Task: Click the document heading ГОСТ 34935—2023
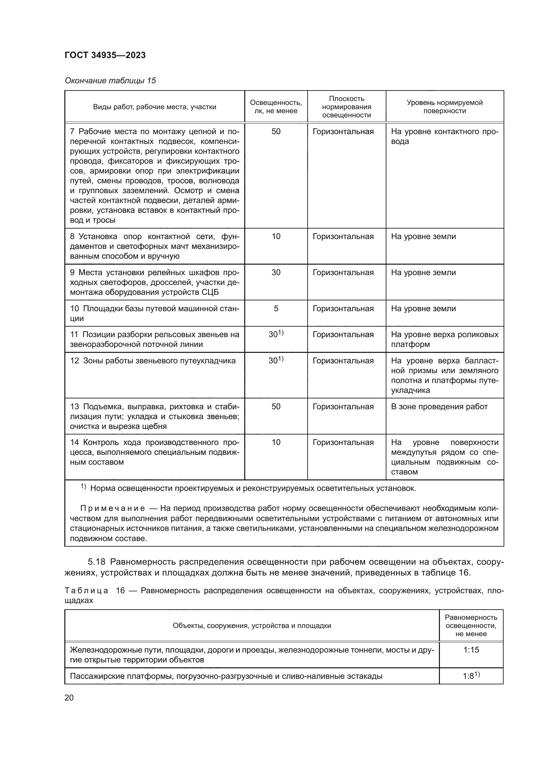105,55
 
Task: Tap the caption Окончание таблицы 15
110,81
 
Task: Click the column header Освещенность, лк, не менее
275,107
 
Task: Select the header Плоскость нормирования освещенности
346,107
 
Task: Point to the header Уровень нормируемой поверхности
445,107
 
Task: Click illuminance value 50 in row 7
276,131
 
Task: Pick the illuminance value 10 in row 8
276,236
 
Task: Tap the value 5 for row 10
276,308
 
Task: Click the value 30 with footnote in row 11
275,334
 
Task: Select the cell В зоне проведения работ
439,407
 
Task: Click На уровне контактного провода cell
445,136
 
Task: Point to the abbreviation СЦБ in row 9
210,292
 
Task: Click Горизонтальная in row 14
343,442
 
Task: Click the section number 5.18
97,561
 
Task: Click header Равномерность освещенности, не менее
471,625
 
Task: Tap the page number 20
69,697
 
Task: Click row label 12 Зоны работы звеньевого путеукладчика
152,361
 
